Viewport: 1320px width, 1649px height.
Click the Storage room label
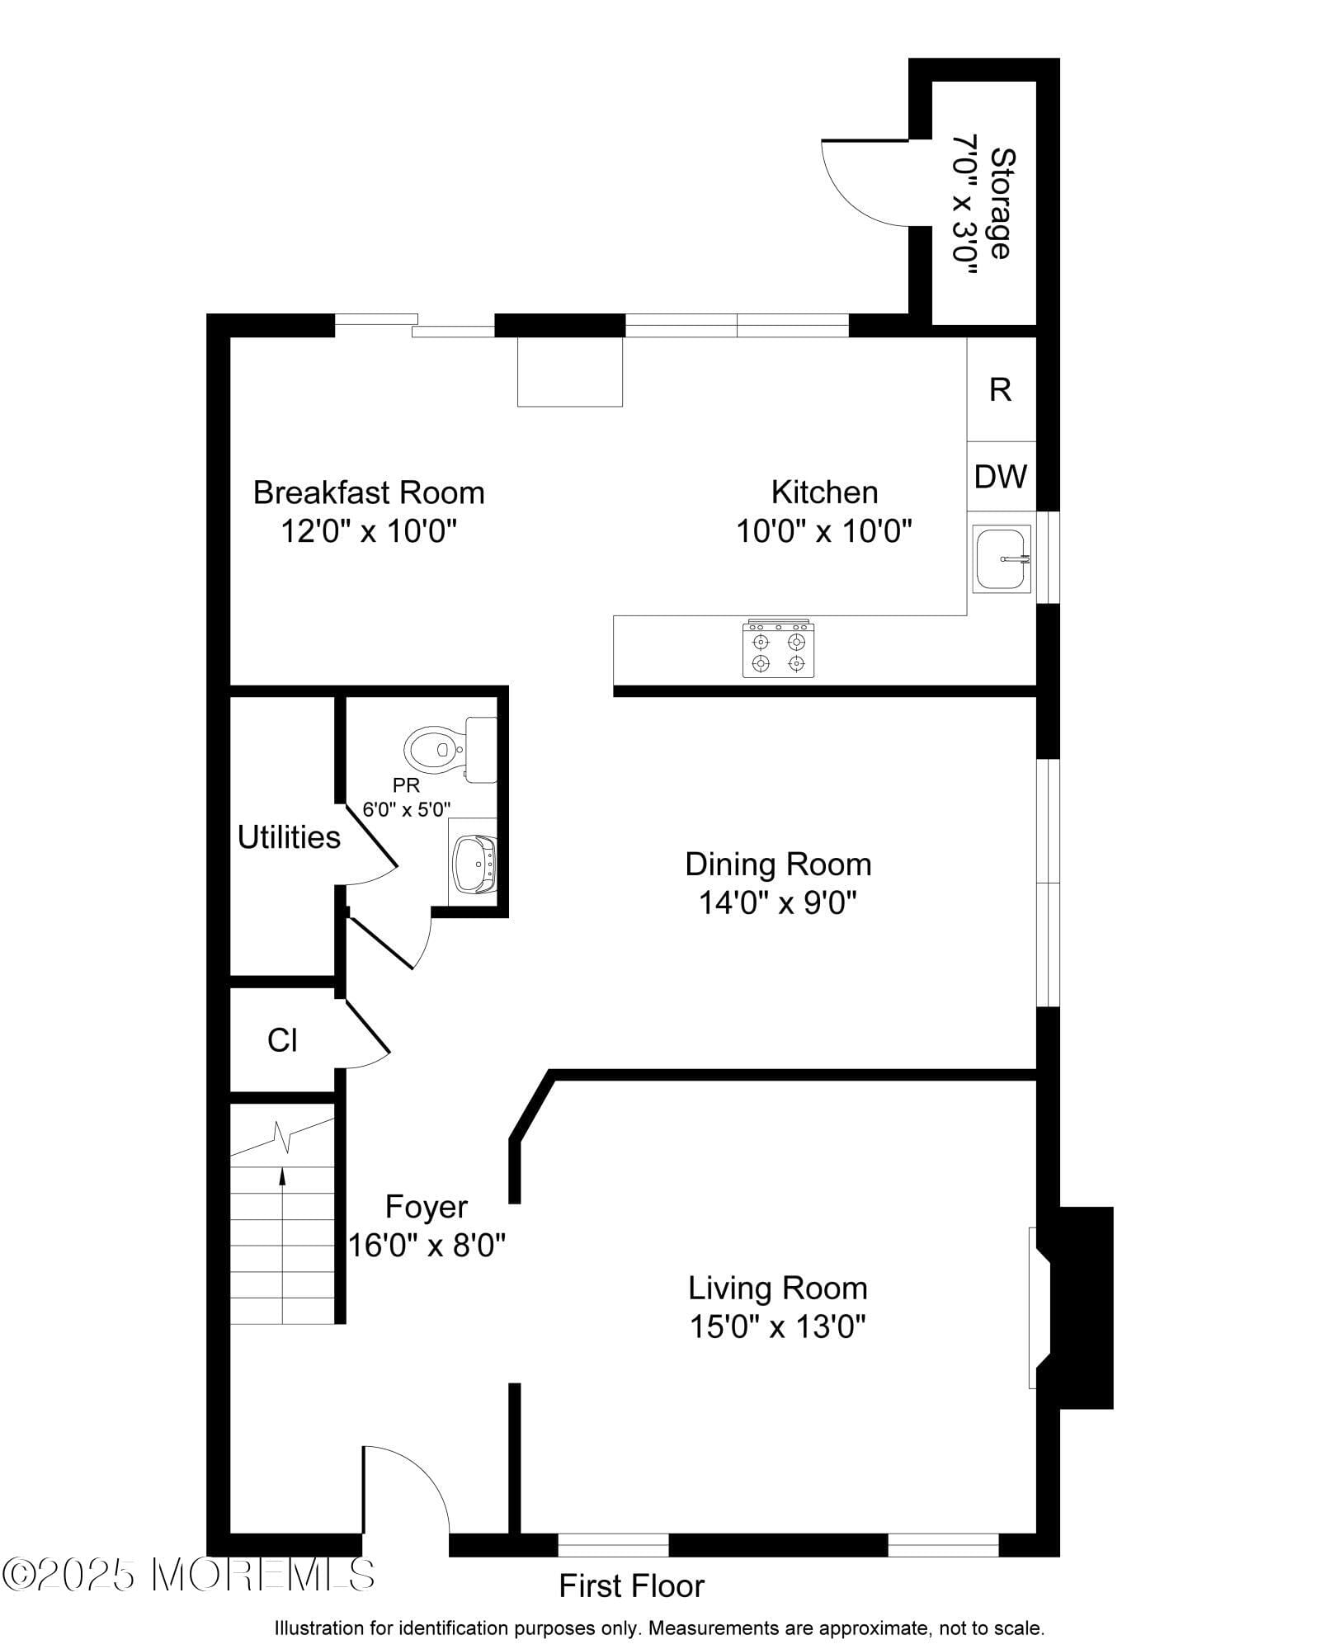(1001, 203)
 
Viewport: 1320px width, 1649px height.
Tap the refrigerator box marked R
(1001, 389)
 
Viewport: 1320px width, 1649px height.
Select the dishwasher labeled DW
(1001, 477)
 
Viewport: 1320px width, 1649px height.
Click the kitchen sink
(1001, 559)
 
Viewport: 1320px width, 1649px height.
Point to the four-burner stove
(778, 650)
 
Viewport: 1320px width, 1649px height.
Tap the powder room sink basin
(474, 864)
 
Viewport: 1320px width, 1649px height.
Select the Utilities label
(289, 837)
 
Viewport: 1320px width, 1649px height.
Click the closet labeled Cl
(282, 1040)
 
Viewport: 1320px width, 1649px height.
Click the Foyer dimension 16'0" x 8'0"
(426, 1245)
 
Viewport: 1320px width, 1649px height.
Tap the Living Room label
(777, 1288)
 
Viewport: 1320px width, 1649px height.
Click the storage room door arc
(858, 188)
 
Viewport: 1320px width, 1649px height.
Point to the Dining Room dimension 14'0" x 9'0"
(777, 902)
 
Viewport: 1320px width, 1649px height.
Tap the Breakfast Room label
(368, 492)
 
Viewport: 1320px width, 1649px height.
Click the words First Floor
(631, 1586)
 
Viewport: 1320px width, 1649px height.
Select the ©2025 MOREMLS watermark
(187, 1574)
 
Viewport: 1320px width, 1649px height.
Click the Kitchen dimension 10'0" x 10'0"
(823, 530)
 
